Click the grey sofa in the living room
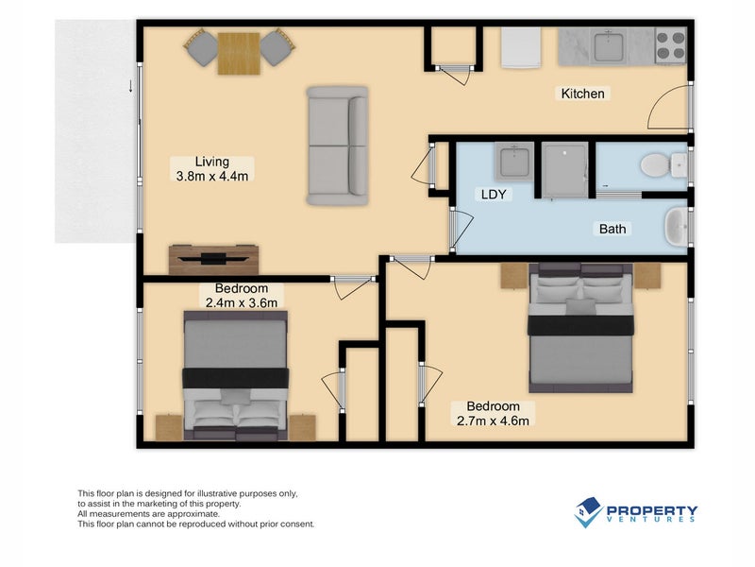338,146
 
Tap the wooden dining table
237,52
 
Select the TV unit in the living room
213,258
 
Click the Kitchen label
582,94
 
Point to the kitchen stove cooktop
670,44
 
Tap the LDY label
494,195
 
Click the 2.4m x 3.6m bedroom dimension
242,302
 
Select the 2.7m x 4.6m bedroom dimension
493,421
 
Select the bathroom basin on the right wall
676,228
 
